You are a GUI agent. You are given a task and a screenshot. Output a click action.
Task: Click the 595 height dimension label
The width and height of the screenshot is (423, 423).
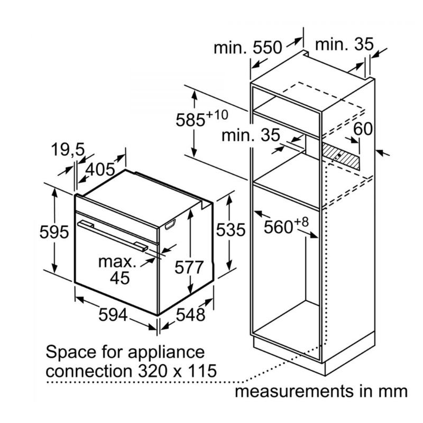click(x=54, y=232)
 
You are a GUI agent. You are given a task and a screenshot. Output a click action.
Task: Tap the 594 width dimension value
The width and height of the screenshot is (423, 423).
click(x=113, y=315)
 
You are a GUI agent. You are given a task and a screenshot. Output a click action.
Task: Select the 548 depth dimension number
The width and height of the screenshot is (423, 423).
click(x=190, y=315)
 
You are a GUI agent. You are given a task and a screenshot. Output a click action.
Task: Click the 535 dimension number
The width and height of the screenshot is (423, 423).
click(x=231, y=231)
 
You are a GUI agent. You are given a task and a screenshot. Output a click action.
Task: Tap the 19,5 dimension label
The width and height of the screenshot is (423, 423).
click(x=68, y=151)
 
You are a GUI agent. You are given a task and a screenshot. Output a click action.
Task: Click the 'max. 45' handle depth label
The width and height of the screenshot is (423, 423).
click(x=121, y=269)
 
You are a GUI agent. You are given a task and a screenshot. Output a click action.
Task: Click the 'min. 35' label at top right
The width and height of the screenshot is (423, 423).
click(x=344, y=44)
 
